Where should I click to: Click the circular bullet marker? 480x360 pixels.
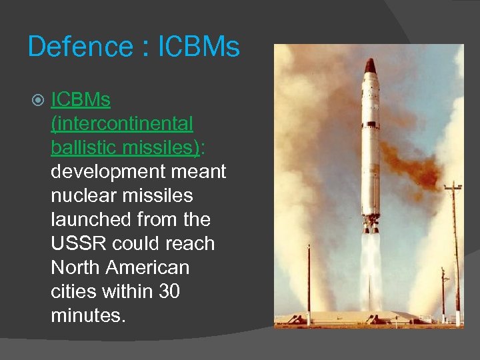(x=37, y=101)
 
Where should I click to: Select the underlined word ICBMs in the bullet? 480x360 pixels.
(x=81, y=100)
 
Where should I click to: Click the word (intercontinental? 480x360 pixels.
(x=122, y=124)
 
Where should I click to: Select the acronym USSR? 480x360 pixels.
(x=78, y=243)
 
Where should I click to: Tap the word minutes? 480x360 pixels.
(x=87, y=315)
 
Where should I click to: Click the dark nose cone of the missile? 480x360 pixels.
(x=371, y=65)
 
